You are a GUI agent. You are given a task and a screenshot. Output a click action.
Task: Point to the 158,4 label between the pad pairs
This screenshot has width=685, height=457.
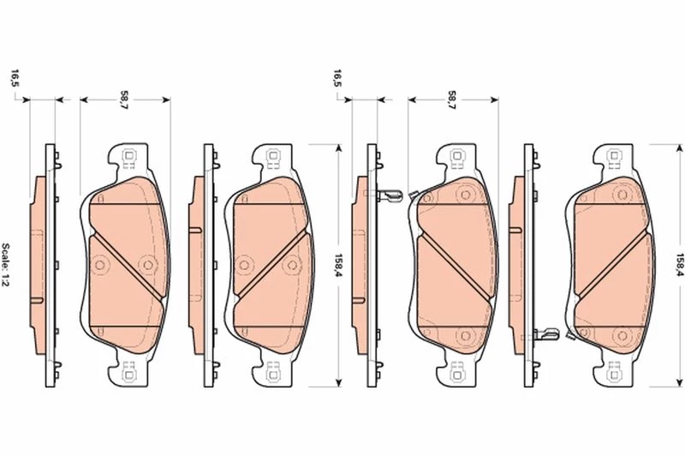[338, 266]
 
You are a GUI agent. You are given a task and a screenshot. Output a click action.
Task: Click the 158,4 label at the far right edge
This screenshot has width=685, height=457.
[680, 265]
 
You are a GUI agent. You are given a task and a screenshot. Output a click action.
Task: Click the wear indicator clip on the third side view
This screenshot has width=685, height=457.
[389, 196]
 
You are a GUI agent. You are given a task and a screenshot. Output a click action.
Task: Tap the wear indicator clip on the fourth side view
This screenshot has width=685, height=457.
[546, 334]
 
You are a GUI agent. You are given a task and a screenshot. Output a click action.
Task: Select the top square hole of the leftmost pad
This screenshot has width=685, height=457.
[129, 156]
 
